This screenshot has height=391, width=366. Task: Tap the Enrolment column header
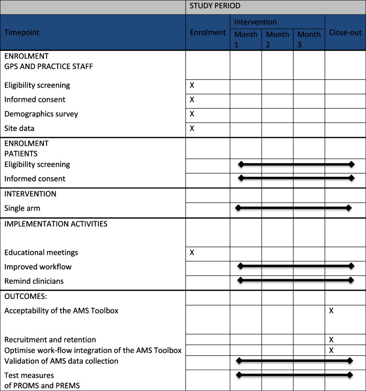[x=207, y=33]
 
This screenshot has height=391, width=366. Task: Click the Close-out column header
[x=345, y=33]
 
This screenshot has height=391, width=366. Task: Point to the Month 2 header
[x=277, y=39]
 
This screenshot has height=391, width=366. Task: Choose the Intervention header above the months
[x=255, y=22]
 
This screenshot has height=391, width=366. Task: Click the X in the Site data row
[x=192, y=128]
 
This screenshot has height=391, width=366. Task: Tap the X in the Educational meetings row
[x=192, y=252]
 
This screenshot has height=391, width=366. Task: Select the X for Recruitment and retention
[x=332, y=339]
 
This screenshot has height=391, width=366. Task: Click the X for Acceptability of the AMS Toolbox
[x=332, y=311]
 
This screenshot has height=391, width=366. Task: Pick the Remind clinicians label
[x=34, y=281]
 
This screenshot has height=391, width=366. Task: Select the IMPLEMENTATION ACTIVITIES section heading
[x=56, y=224]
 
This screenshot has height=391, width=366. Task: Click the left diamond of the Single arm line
[x=238, y=208]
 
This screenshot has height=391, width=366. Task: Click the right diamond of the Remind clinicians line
[x=351, y=281]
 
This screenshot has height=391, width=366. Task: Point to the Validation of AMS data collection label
[x=61, y=361]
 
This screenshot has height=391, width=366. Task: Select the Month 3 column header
[x=309, y=39]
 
